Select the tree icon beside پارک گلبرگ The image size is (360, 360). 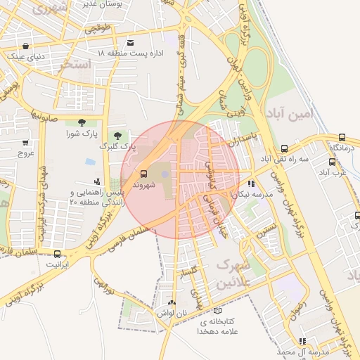[x=117, y=135]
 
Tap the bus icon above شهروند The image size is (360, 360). [x=143, y=174]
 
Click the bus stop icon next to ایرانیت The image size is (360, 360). [x=57, y=254]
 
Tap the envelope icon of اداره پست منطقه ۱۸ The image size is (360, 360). [x=131, y=42]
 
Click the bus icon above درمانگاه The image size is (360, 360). [x=342, y=138]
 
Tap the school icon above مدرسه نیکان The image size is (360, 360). [x=252, y=184]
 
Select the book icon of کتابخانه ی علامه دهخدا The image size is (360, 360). [x=217, y=309]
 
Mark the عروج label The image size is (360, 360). [x=26, y=153]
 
